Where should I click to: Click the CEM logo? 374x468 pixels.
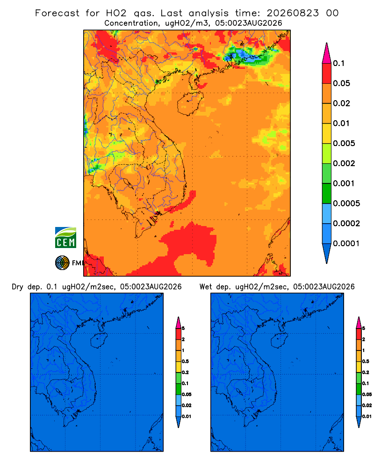pyautogui.click(x=65, y=238)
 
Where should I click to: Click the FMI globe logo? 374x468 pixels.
pyautogui.click(x=62, y=263)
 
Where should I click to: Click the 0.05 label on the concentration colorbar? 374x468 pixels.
pyautogui.click(x=341, y=83)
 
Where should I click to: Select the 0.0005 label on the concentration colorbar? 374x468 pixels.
pyautogui.click(x=346, y=204)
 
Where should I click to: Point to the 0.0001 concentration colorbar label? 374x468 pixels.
pyautogui.click(x=346, y=243)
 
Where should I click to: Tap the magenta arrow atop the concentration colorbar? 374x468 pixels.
pyautogui.click(x=327, y=53)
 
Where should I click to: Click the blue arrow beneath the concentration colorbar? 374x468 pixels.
pyautogui.click(x=327, y=254)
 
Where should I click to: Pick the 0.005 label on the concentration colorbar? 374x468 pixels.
pyautogui.click(x=344, y=143)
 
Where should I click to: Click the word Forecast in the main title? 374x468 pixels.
pyautogui.click(x=57, y=13)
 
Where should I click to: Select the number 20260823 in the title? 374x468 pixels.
pyautogui.click(x=293, y=13)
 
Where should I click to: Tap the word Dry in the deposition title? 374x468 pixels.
pyautogui.click(x=17, y=287)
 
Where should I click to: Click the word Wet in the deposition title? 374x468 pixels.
pyautogui.click(x=206, y=287)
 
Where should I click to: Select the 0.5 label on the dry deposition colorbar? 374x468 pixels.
pyautogui.click(x=185, y=361)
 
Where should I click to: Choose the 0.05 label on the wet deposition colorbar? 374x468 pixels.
pyautogui.click(x=367, y=395)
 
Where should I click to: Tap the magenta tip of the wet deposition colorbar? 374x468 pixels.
pyautogui.click(x=359, y=322)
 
